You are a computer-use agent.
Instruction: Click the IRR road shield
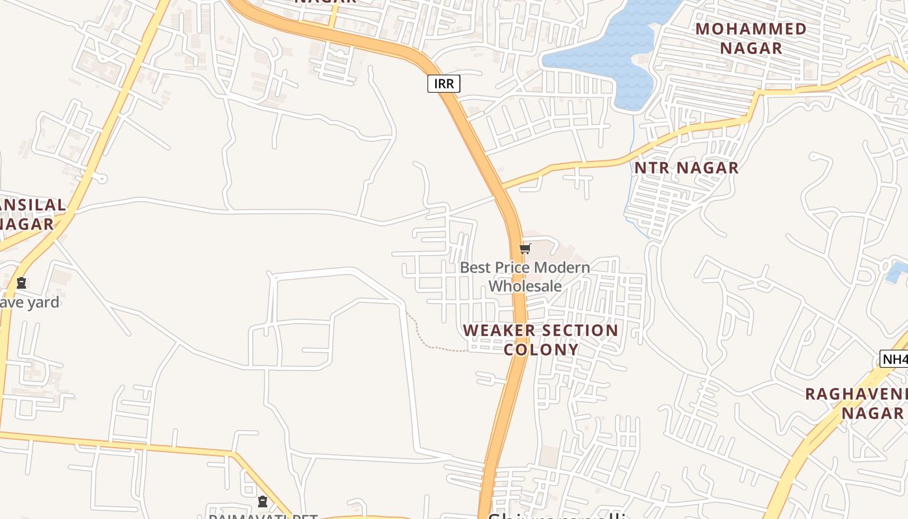click(x=444, y=84)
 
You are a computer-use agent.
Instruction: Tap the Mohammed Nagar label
click(x=751, y=38)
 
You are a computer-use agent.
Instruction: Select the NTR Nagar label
click(x=686, y=168)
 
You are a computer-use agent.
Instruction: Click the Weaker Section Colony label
click(x=541, y=340)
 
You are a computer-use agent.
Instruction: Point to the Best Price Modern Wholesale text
click(x=525, y=276)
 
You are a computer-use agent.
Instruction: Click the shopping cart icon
click(x=525, y=249)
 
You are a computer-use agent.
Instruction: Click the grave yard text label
click(x=29, y=302)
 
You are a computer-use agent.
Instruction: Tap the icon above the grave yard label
click(x=21, y=283)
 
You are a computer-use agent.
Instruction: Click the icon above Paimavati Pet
click(x=263, y=501)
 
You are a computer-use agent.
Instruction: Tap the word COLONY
click(x=541, y=350)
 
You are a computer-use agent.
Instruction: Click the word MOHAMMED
click(x=751, y=29)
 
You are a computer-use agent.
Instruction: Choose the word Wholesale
click(x=525, y=286)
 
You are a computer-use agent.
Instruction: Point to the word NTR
click(x=651, y=168)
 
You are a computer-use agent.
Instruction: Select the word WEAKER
click(x=500, y=330)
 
